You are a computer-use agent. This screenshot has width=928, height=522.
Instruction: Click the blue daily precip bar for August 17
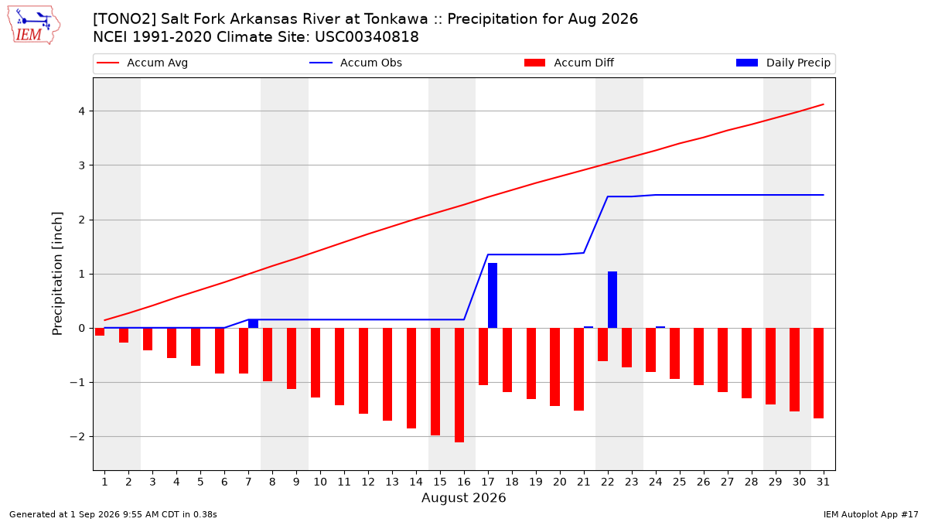tap(493, 295)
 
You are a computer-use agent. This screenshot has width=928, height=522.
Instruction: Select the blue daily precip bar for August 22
tap(612, 299)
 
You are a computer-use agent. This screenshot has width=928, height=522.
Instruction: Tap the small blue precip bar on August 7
tap(253, 323)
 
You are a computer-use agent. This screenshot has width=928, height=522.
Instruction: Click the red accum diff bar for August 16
tap(459, 385)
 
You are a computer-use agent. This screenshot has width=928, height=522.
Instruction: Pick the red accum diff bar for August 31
tap(819, 374)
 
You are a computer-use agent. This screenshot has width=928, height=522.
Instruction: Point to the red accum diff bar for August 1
tap(100, 332)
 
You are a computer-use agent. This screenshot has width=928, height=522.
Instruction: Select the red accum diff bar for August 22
tap(602, 345)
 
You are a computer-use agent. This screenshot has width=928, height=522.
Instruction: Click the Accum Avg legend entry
tap(142, 63)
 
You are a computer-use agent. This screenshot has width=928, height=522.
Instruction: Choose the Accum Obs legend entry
tap(356, 63)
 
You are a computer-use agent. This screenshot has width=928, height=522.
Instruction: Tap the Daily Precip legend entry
tap(783, 63)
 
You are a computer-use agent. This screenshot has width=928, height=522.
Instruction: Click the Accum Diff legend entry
tap(569, 63)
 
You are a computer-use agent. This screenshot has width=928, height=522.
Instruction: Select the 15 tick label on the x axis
tap(440, 482)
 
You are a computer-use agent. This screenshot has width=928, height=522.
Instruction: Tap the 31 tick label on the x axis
tap(823, 482)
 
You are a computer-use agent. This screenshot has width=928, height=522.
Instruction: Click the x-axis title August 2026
tap(463, 497)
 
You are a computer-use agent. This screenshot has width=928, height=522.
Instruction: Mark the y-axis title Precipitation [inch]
tap(57, 274)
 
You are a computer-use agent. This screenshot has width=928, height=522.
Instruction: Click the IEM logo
tap(34, 26)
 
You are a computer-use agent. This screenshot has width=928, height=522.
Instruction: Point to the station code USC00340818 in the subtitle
tap(367, 37)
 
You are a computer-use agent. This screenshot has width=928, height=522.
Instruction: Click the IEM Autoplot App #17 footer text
tap(871, 514)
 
